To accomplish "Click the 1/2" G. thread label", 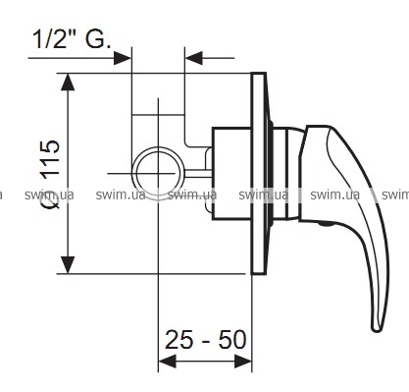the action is coord(72,39).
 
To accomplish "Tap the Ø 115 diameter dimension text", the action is coord(51,174).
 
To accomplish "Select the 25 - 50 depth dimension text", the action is coord(205,340).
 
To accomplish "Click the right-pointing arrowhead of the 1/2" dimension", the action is coord(123,58).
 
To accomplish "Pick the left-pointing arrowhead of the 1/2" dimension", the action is coord(194,58).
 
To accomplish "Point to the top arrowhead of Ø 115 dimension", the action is coord(68,82).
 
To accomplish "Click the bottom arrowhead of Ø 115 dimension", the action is coord(68,264).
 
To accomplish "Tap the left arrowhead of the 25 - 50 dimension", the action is coord(168,362).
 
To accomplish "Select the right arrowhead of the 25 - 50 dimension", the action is coord(243,362).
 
